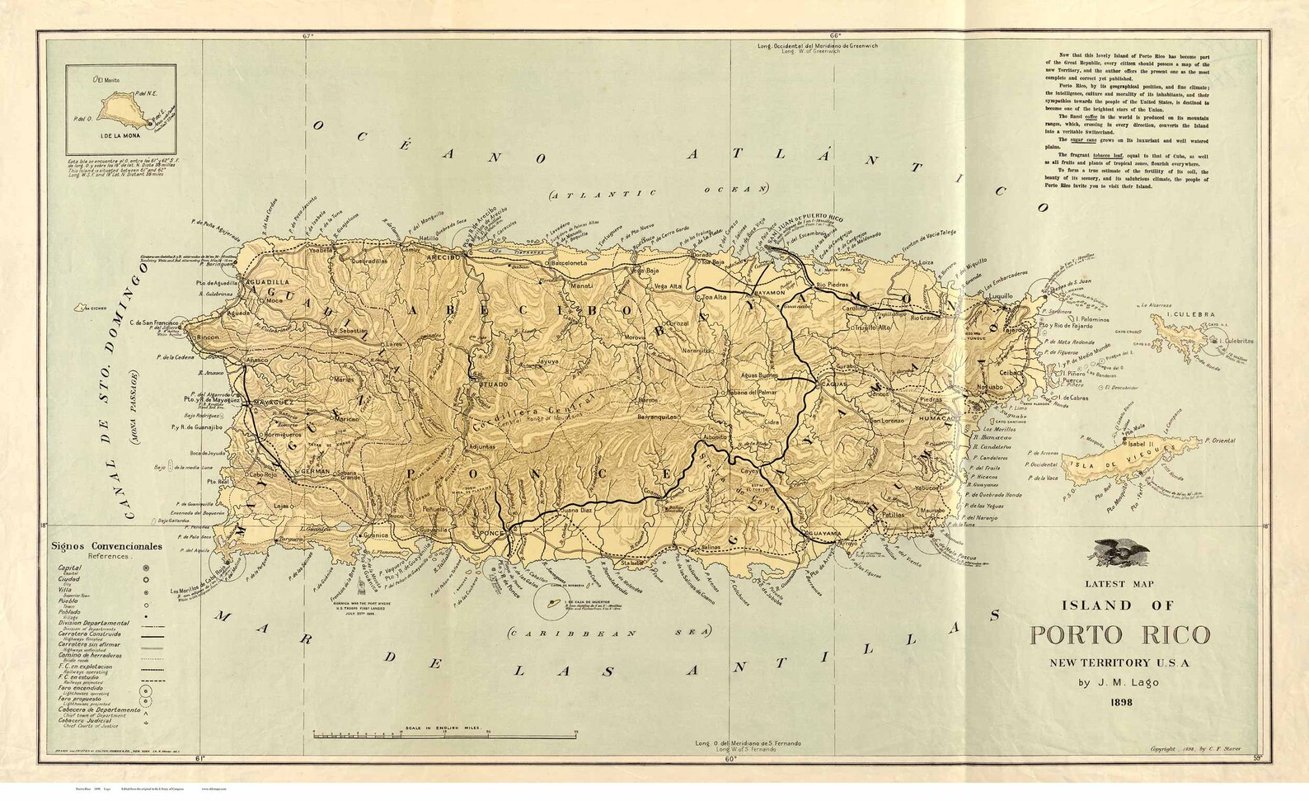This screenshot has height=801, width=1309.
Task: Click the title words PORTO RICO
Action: (x=1119, y=635)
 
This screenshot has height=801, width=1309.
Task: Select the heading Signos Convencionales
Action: (x=106, y=546)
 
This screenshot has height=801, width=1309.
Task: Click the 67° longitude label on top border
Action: (x=308, y=35)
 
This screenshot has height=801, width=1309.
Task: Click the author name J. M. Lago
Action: (x=1119, y=682)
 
